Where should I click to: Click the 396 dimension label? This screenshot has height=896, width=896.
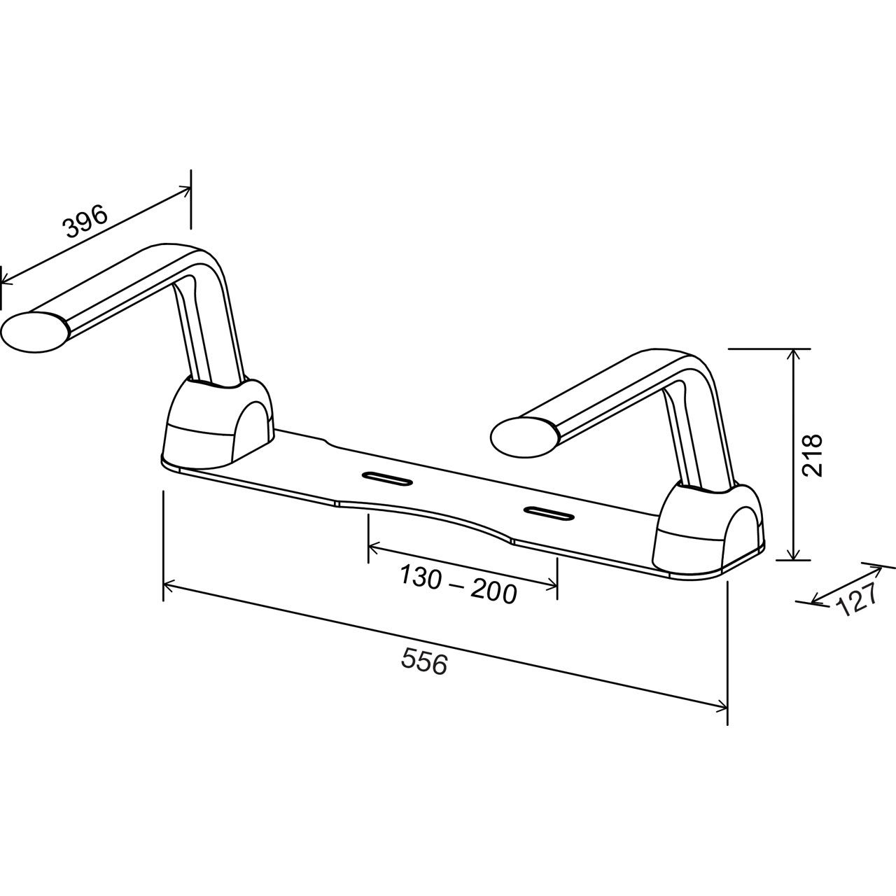(x=85, y=220)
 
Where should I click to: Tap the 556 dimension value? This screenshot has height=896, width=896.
(x=424, y=661)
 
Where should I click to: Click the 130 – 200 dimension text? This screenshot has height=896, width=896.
(x=458, y=584)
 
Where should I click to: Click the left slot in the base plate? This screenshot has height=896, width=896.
(x=386, y=478)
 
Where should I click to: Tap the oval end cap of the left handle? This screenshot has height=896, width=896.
(x=34, y=332)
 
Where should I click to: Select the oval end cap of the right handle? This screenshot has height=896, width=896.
(x=524, y=436)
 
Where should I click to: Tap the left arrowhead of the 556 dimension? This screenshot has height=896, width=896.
(x=168, y=582)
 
